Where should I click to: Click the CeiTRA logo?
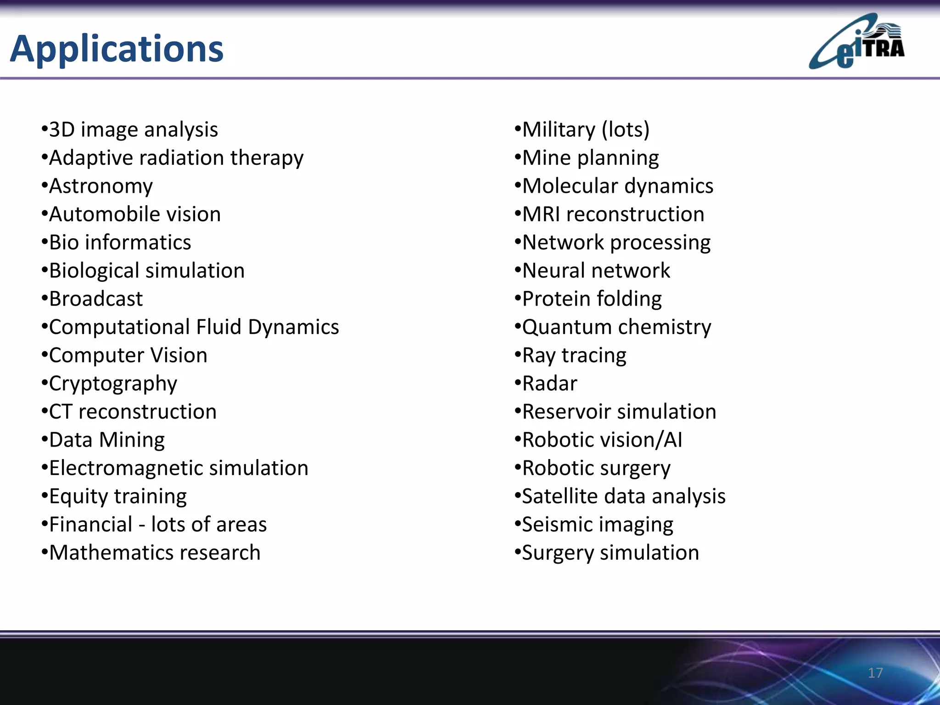pyautogui.click(x=856, y=42)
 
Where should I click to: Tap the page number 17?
pyautogui.click(x=875, y=673)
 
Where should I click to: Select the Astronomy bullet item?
pyautogui.click(x=101, y=186)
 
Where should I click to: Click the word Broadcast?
pyautogui.click(x=96, y=299)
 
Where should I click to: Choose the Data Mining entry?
pyautogui.click(x=106, y=440)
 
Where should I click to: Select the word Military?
pyautogui.click(x=559, y=130)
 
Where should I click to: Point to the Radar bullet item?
pyautogui.click(x=549, y=384)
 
